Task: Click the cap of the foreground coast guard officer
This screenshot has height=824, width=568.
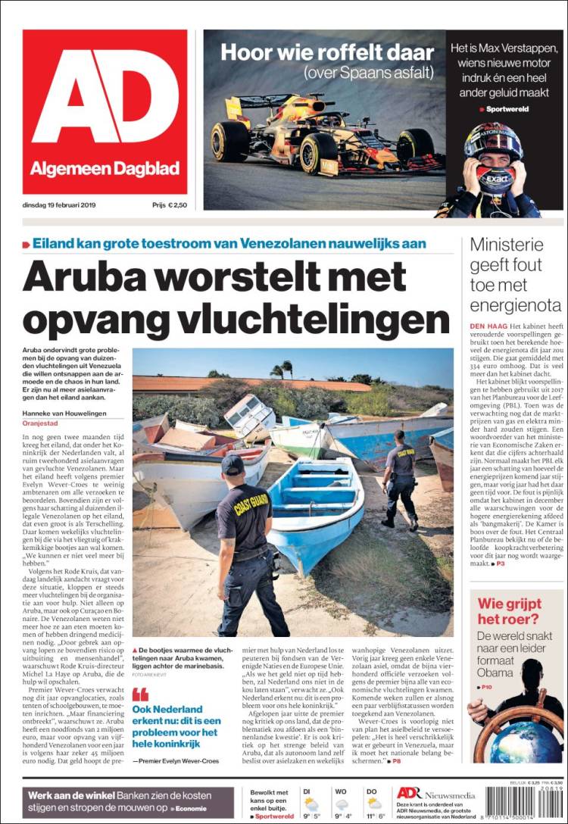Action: pyautogui.click(x=231, y=463)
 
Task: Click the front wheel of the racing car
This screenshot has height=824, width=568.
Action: pyautogui.click(x=319, y=153)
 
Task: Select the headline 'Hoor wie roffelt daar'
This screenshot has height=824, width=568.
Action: pyautogui.click(x=327, y=53)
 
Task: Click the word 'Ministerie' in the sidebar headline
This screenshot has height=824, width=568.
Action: pyautogui.click(x=507, y=245)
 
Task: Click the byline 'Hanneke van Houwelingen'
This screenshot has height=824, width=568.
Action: pyautogui.click(x=64, y=413)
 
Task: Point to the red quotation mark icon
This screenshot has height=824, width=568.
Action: pyautogui.click(x=140, y=694)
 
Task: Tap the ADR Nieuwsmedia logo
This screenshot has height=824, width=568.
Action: pyautogui.click(x=435, y=793)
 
